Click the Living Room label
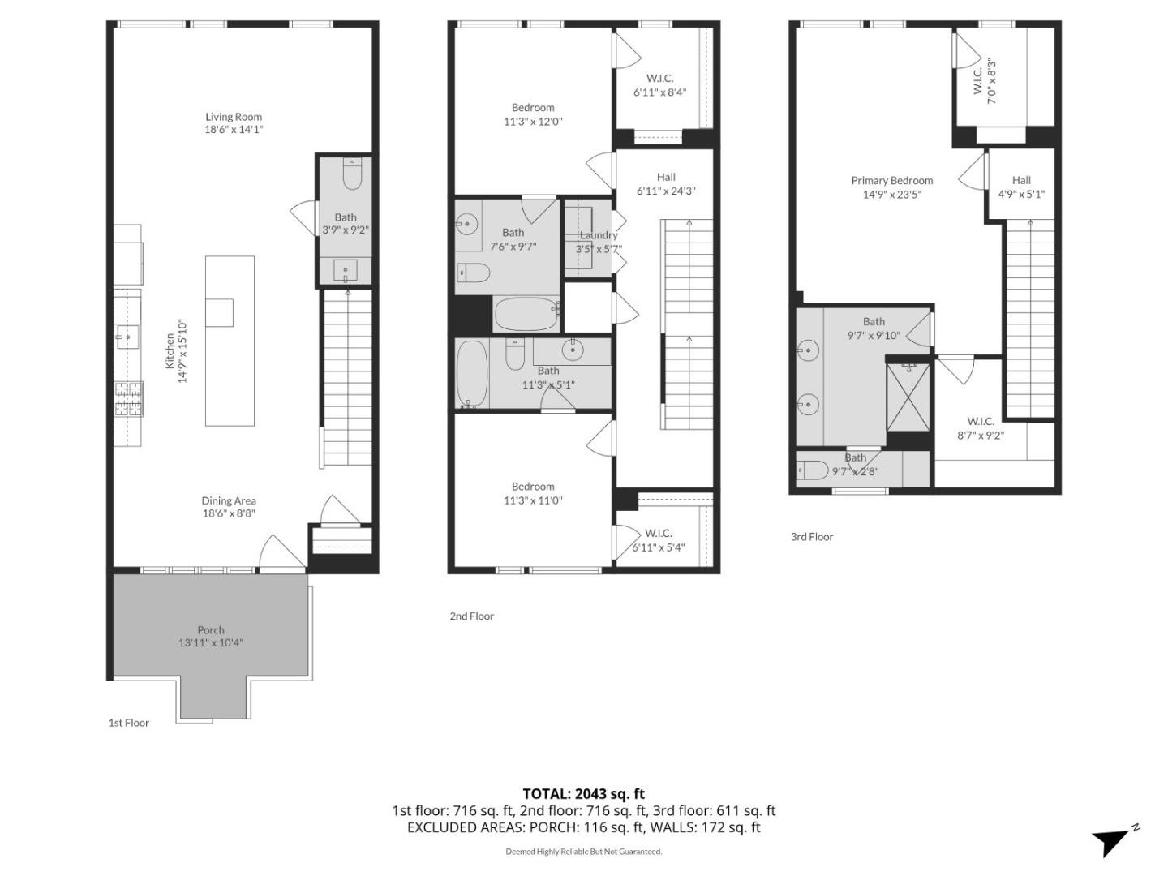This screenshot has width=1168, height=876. tap(234, 117)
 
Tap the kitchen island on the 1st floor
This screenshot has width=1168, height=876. tap(230, 341)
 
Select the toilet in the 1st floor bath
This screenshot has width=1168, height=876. tap(352, 174)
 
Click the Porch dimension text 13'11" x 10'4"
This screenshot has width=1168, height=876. tap(211, 643)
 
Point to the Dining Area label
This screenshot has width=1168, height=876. tap(229, 501)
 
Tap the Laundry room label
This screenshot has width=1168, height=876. tap(599, 235)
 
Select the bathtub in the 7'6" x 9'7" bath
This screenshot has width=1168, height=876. tap(526, 314)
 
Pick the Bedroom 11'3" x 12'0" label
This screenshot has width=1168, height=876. tap(533, 108)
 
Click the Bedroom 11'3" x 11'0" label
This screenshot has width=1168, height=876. tap(533, 487)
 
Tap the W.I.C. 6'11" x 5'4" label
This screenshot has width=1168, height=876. tap(659, 533)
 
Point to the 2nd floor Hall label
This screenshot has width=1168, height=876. tap(666, 177)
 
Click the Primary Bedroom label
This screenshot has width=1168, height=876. tap(892, 181)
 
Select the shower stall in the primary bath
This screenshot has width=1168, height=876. tap(908, 397)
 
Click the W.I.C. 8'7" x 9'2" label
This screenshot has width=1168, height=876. tap(981, 421)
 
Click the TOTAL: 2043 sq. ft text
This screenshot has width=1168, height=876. tap(583, 794)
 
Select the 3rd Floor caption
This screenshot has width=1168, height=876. tap(812, 537)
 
